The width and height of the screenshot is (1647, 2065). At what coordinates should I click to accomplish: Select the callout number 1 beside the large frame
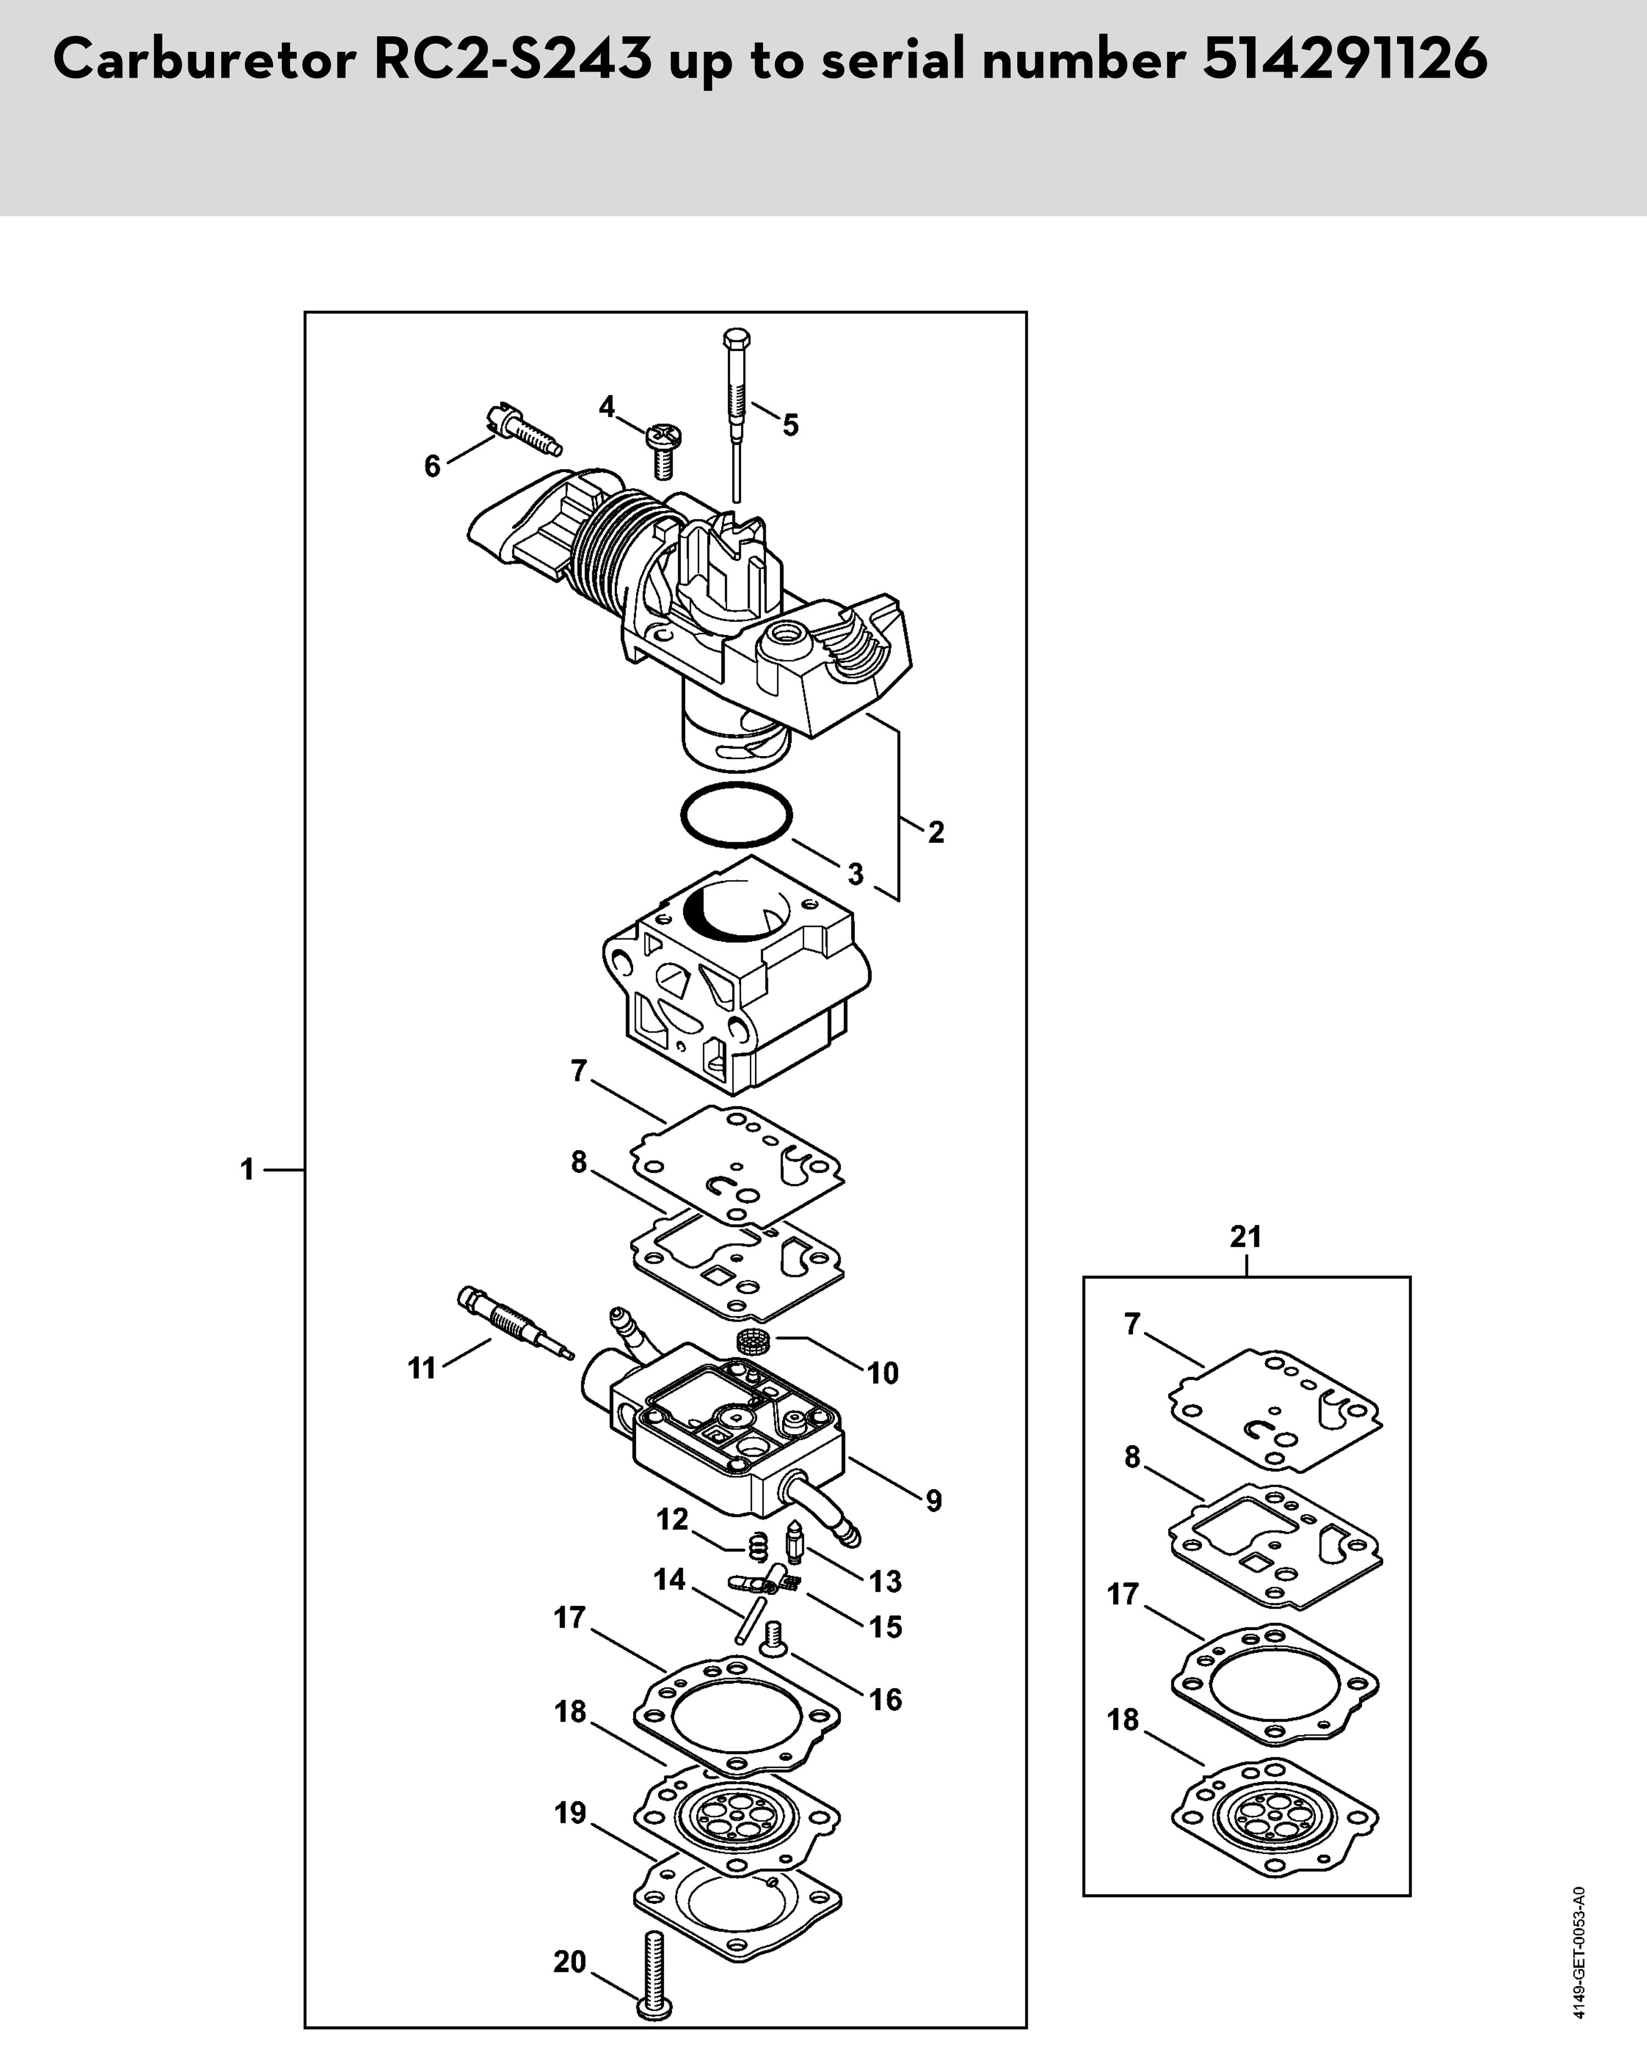[x=247, y=1170]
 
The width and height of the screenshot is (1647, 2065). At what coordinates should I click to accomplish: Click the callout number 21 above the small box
[x=1246, y=1237]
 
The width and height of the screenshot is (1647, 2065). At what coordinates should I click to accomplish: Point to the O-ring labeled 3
[x=736, y=815]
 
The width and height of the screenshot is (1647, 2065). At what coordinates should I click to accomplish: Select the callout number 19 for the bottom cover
[x=570, y=1813]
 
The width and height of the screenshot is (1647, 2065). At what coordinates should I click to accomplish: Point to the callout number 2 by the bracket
[x=935, y=832]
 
